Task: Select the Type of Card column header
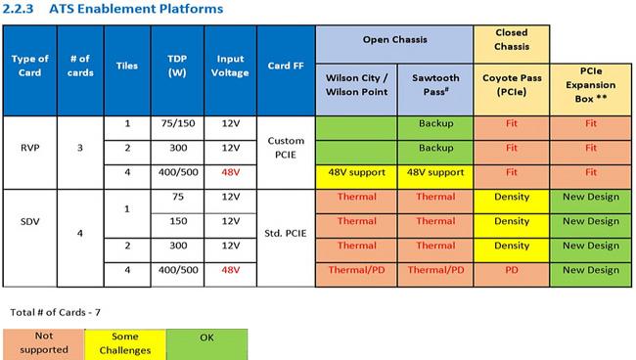click(30, 66)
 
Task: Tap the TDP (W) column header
click(177, 66)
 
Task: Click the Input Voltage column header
click(230, 66)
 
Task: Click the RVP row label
click(30, 148)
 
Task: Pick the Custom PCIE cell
click(286, 148)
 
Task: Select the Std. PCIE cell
click(286, 233)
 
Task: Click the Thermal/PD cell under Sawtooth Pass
click(435, 270)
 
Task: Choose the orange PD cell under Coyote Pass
click(512, 270)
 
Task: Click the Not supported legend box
click(43, 342)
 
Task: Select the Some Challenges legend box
click(123, 342)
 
